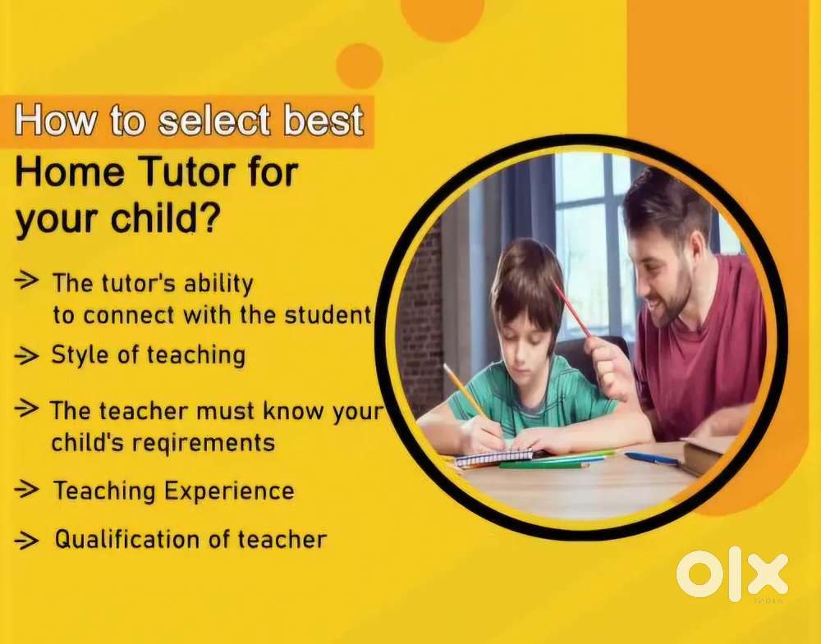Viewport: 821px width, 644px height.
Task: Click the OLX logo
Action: coord(732,574)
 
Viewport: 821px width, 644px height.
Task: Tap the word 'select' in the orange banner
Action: coord(213,121)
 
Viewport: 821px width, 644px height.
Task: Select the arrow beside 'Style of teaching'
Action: coord(26,356)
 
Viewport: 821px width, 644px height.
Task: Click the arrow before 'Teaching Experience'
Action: coord(26,490)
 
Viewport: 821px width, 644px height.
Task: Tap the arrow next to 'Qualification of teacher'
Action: coord(26,540)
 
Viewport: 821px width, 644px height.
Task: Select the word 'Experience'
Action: coord(229,491)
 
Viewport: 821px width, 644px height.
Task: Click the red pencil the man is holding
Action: coord(571,308)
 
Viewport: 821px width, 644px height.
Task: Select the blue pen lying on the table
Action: coord(652,459)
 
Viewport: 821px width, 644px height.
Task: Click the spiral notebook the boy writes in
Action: coord(493,458)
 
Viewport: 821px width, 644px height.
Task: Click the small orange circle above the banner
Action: coord(360,66)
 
